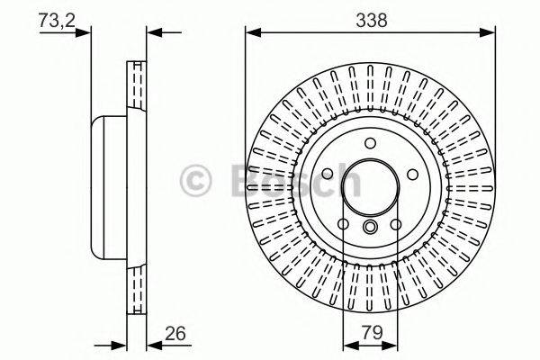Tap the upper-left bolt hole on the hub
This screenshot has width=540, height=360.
(x=329, y=174)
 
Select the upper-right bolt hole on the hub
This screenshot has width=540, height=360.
(x=410, y=174)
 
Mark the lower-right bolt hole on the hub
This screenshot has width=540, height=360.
(x=395, y=223)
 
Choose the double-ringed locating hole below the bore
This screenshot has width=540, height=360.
(x=370, y=229)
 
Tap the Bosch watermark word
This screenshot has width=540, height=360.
(x=297, y=180)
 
